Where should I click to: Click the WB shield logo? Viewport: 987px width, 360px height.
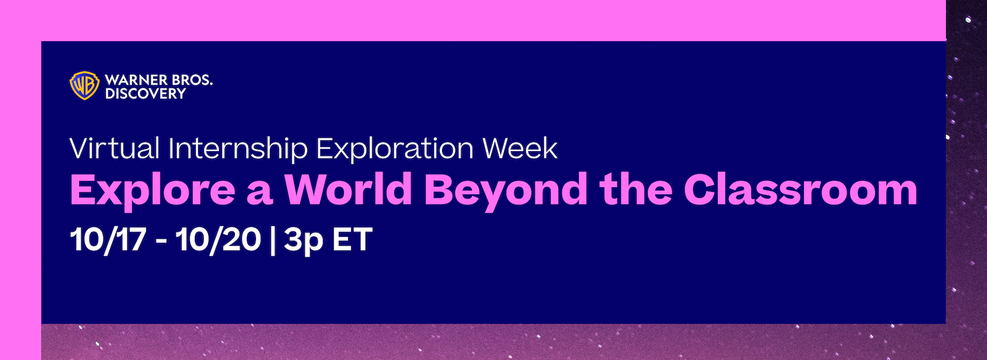(x=84, y=85)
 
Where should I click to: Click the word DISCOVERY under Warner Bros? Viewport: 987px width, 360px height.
(x=145, y=93)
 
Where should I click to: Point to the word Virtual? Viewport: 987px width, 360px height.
(x=114, y=148)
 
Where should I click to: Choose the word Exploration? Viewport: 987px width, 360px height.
(x=394, y=149)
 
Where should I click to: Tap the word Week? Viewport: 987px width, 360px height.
(x=520, y=148)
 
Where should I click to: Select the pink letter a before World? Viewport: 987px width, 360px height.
(x=259, y=194)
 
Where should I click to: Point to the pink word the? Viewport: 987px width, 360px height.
(x=635, y=189)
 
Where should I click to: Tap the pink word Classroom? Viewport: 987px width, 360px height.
(x=800, y=189)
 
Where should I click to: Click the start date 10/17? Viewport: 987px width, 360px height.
(x=107, y=240)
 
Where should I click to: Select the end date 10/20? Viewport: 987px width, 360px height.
(x=218, y=240)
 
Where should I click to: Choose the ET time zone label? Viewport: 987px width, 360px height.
(x=352, y=240)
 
